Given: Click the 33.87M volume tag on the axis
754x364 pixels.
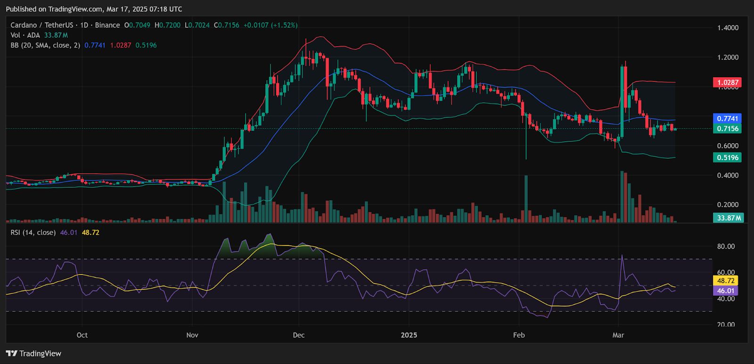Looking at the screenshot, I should pos(728,218).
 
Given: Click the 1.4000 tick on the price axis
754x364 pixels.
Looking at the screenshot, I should pos(728,28).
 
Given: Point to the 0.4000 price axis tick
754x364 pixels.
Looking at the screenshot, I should pos(728,175).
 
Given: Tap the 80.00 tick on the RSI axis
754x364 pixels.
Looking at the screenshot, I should pos(726,246).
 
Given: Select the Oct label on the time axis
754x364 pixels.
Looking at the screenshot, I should pos(82,335).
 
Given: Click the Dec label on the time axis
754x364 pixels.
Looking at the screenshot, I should pos(298,335).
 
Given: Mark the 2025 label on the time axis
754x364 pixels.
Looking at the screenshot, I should pos(409,335).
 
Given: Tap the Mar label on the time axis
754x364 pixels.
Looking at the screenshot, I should pos(618,335).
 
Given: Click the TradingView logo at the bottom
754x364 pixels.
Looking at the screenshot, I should pos(33,354).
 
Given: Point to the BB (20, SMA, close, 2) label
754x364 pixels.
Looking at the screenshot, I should pos(45,45).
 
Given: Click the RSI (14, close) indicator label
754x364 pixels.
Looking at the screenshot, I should pos(33,233).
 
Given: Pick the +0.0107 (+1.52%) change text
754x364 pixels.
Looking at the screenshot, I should pos(270,25).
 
